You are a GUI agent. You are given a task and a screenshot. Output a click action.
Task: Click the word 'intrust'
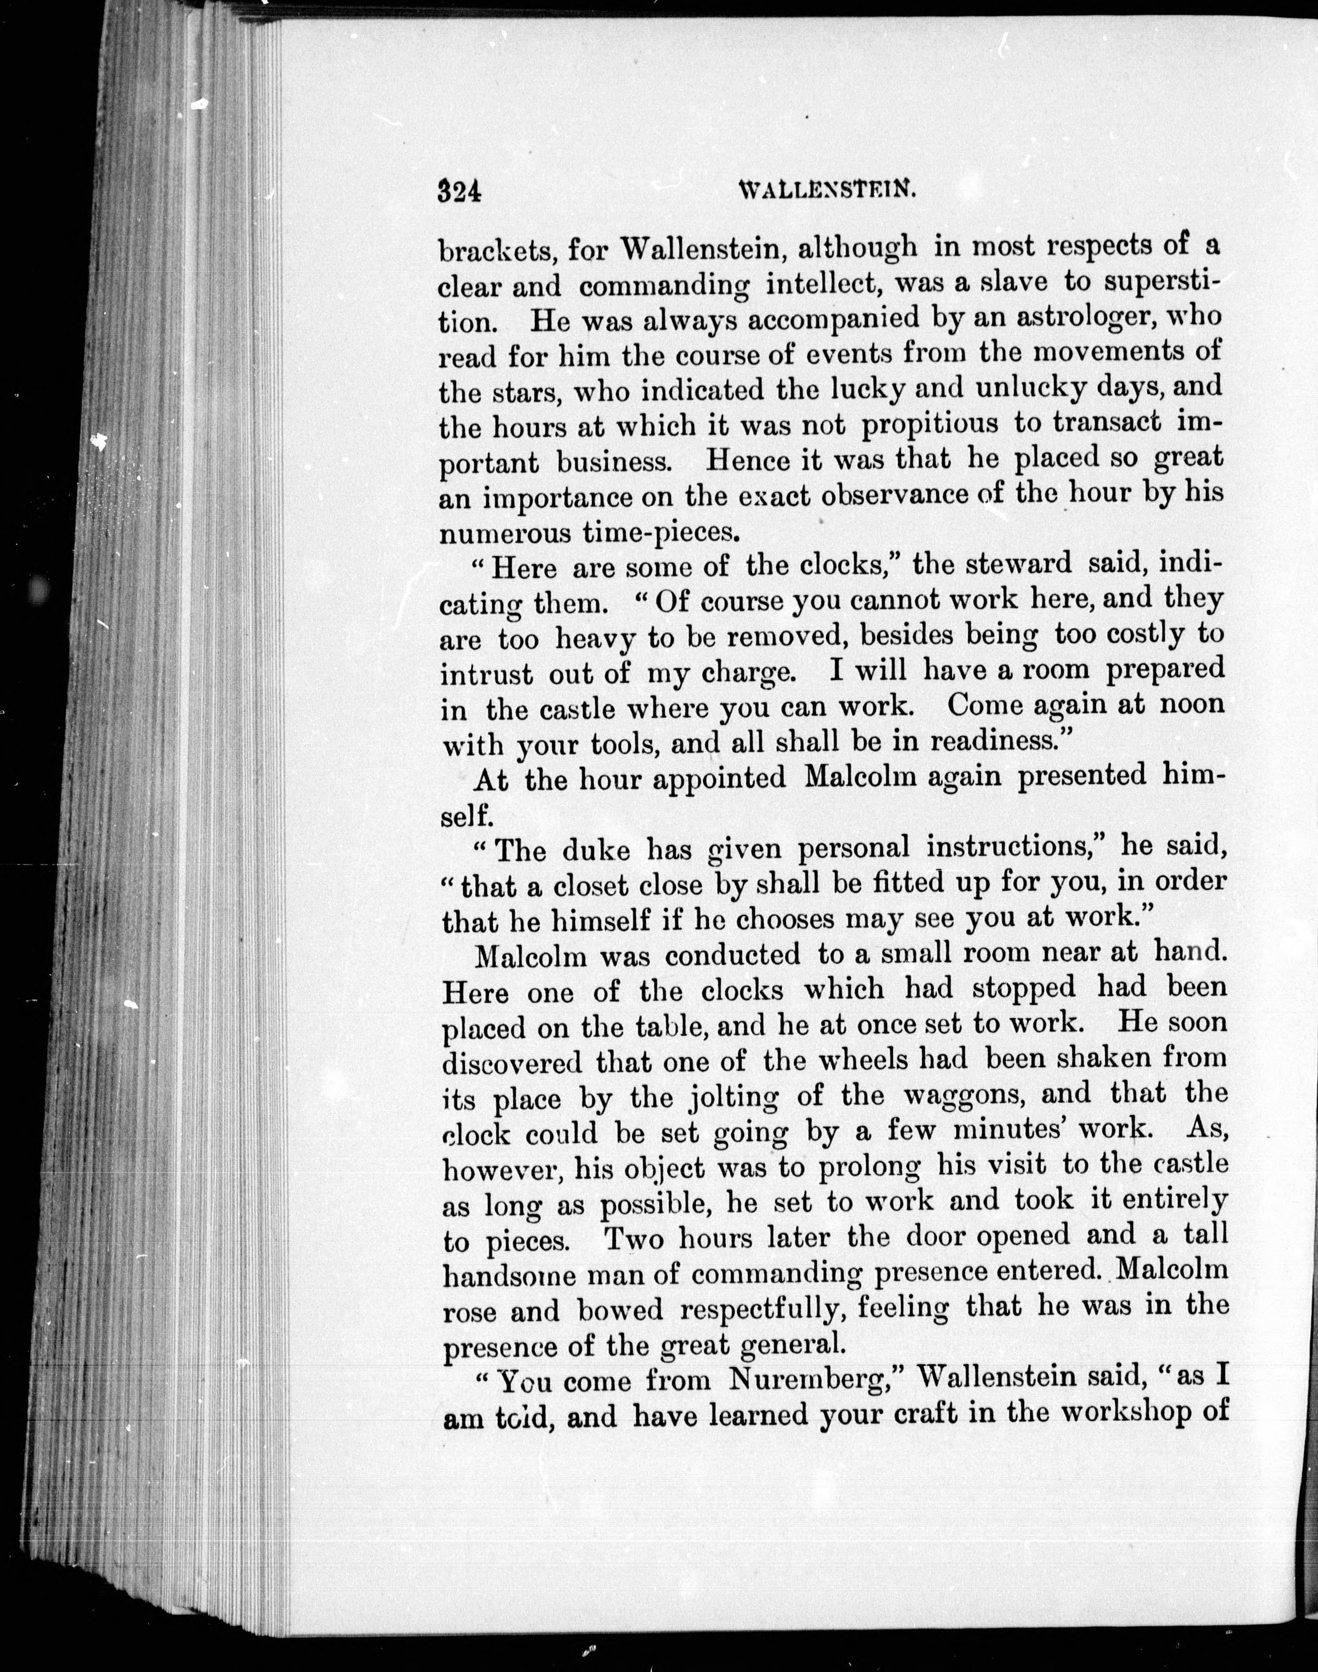click(486, 674)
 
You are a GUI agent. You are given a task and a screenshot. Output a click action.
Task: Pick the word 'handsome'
click(508, 1274)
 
